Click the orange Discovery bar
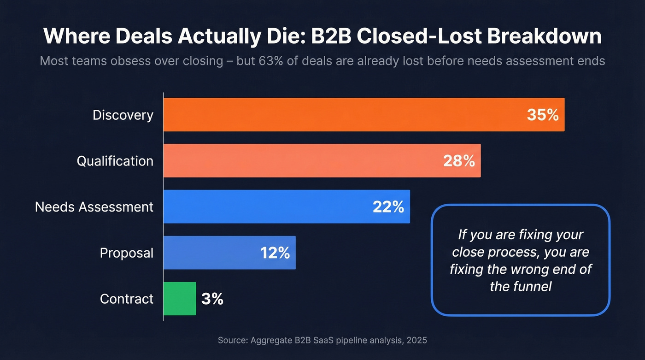(341, 115)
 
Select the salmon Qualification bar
(299, 160)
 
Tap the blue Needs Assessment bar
(267, 207)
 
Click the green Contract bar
(180, 299)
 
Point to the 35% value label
(543, 115)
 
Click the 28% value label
(459, 161)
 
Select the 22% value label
(388, 207)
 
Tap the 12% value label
(275, 253)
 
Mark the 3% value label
(212, 299)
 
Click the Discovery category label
(123, 115)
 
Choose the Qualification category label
(115, 161)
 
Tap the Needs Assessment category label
(94, 207)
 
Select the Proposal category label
(127, 253)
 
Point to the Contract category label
(127, 299)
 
